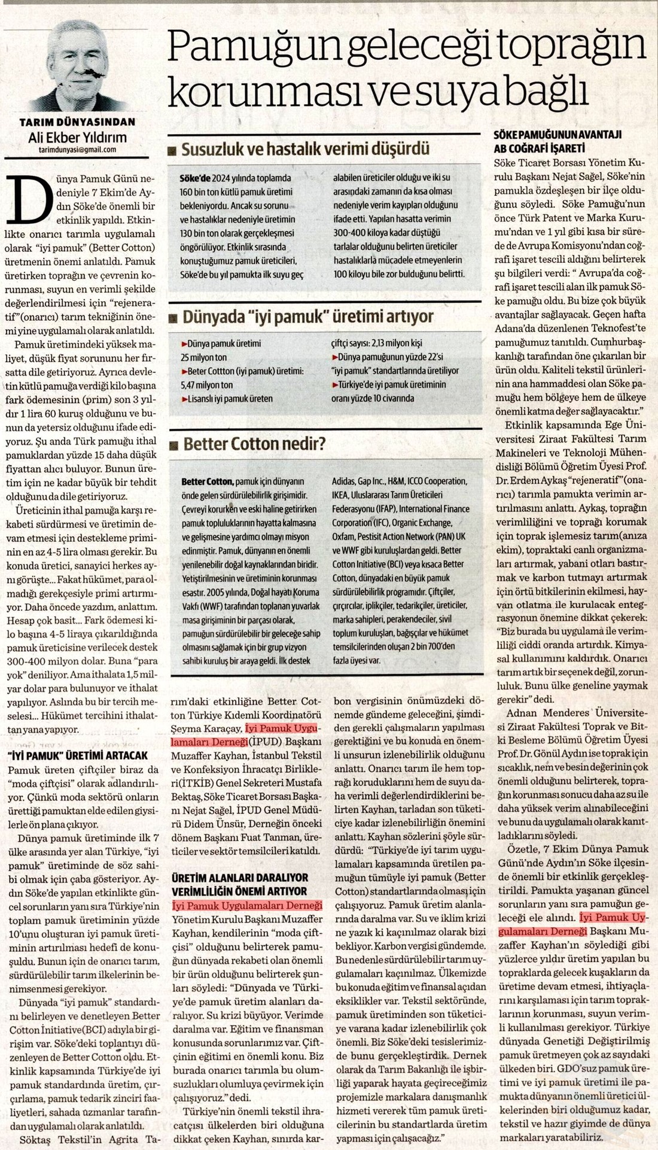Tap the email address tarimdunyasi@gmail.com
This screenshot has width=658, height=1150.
(x=77, y=150)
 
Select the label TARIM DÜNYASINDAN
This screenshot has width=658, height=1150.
(x=78, y=122)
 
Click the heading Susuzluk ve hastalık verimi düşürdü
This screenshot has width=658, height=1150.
(x=306, y=148)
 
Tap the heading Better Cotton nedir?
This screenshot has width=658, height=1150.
(x=254, y=444)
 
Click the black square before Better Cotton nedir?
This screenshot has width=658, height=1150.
(x=173, y=445)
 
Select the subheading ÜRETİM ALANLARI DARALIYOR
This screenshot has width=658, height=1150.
(x=240, y=878)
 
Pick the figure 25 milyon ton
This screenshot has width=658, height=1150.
(x=204, y=357)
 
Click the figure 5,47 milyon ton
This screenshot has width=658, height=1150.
(x=206, y=385)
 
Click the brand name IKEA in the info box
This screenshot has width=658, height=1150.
(x=342, y=495)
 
